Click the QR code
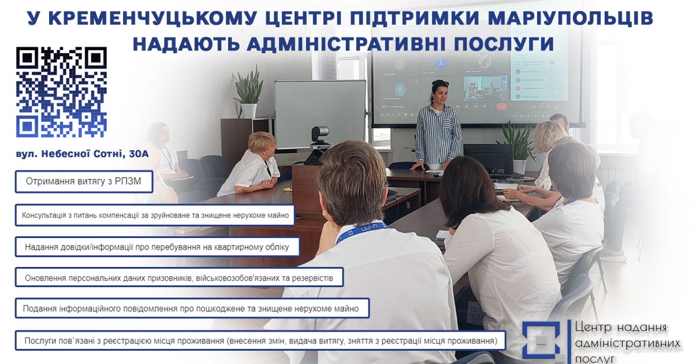click(61, 92)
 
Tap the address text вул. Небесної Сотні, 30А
click(82, 154)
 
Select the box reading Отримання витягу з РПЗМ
click(84, 181)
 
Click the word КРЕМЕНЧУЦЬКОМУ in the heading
click(152, 18)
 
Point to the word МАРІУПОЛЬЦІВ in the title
click(570, 18)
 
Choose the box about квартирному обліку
click(158, 247)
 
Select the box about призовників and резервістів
click(180, 277)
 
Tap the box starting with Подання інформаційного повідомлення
click(192, 309)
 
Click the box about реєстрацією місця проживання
click(260, 341)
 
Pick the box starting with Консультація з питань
click(155, 215)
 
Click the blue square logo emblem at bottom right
click(541, 340)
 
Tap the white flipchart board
click(320, 114)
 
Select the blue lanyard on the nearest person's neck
click(362, 232)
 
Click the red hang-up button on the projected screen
click(501, 106)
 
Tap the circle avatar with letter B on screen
click(400, 90)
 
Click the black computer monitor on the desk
click(488, 159)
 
